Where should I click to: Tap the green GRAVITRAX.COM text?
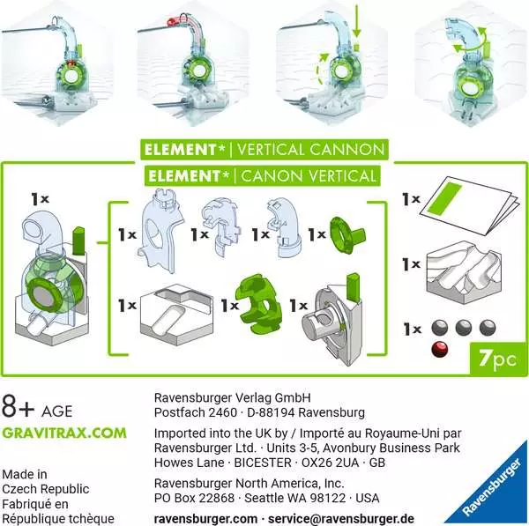[63, 433]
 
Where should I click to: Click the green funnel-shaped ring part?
[347, 236]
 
